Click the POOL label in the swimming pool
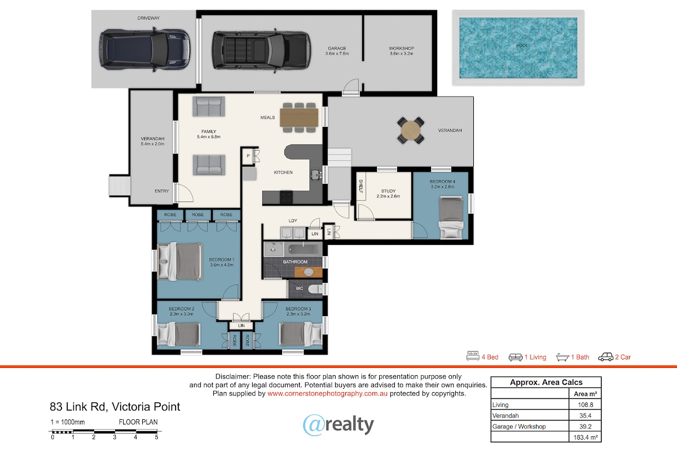coord(522,46)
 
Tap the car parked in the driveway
coord(145,50)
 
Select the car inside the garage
coord(261,51)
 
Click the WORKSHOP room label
coord(401,49)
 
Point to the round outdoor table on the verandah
coord(411,130)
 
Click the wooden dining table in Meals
coord(299,117)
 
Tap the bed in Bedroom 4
coord(451,217)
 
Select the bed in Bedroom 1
coord(180,261)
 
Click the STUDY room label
coord(388,191)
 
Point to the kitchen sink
coord(316,174)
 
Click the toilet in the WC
coord(316,289)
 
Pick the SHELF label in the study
coord(361,186)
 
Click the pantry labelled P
coord(248,156)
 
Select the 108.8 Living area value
coord(586,405)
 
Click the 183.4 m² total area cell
coord(586,437)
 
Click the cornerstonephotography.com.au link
coord(327,394)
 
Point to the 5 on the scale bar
coord(157,437)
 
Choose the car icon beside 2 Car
coord(606,357)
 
